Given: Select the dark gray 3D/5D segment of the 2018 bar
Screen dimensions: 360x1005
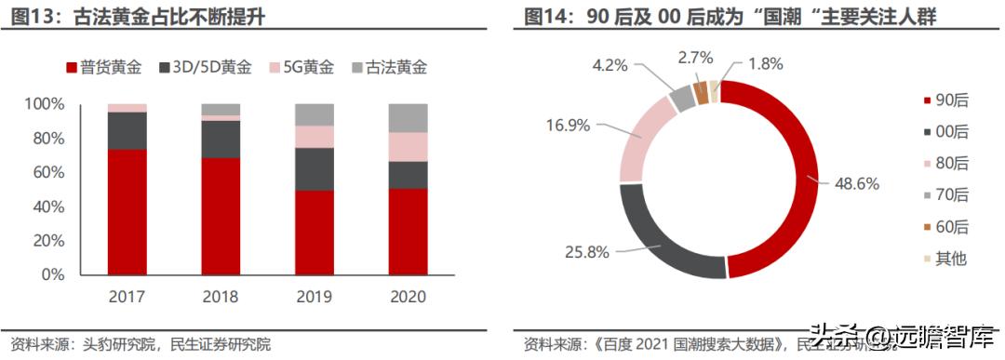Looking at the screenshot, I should [x=221, y=139].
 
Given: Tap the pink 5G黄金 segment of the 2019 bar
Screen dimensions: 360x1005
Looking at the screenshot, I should [x=315, y=137].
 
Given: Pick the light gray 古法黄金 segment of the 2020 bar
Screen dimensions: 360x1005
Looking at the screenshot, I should [x=409, y=117].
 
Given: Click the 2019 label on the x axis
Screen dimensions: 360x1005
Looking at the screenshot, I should [x=315, y=297].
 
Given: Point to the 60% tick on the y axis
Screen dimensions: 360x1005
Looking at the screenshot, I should [x=44, y=172].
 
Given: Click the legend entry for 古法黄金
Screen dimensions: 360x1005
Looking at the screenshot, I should [x=388, y=67].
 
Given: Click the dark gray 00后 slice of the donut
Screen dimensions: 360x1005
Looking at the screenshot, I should [x=663, y=237].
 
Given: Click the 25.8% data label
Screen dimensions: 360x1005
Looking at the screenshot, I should [x=588, y=251].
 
